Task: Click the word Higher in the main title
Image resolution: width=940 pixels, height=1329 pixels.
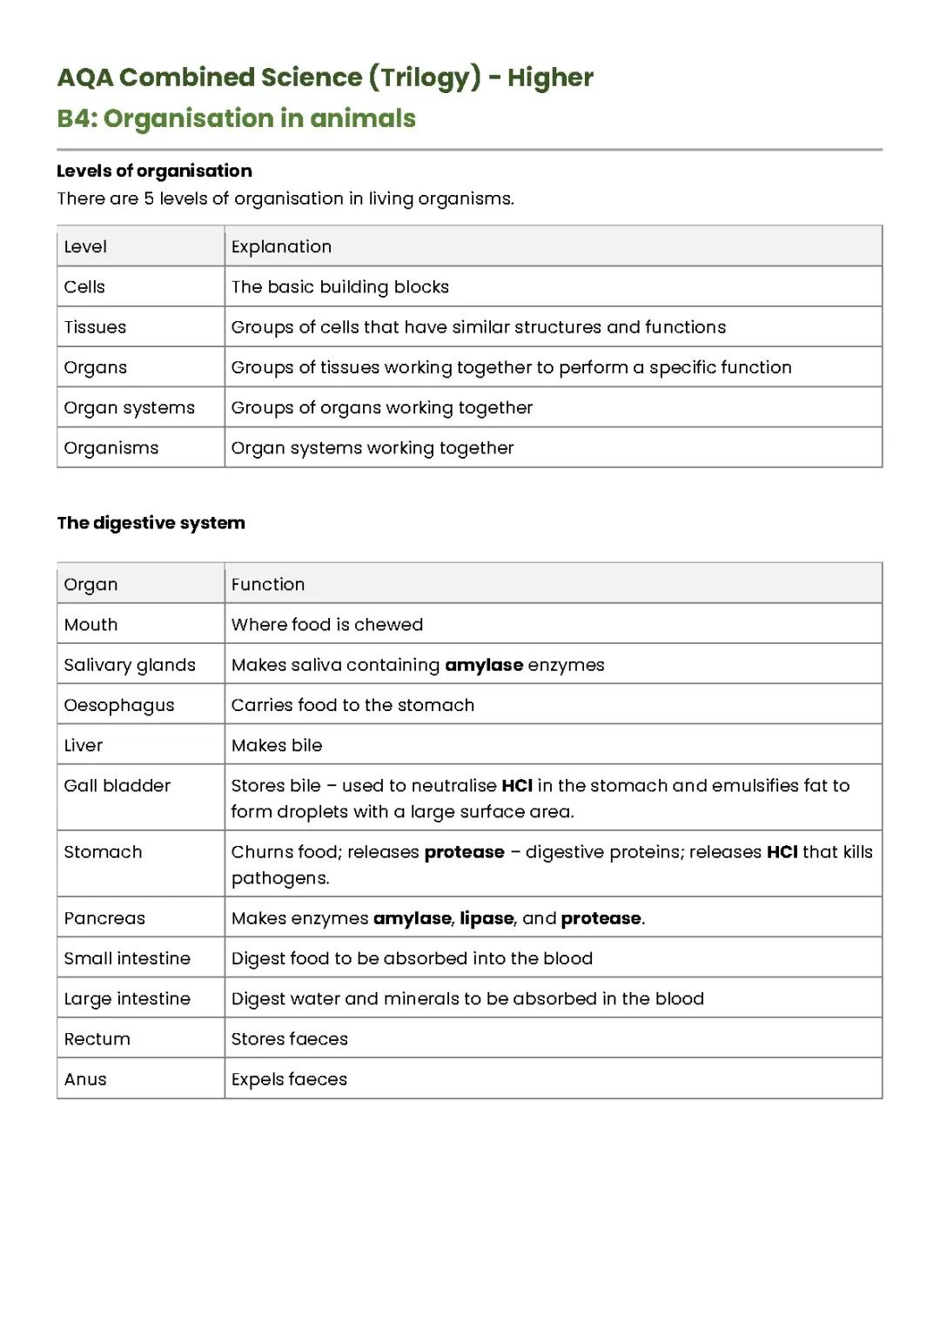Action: [x=550, y=77]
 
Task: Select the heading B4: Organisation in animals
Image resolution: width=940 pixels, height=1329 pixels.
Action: [x=236, y=118]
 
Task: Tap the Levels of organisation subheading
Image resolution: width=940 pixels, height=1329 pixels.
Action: [x=154, y=171]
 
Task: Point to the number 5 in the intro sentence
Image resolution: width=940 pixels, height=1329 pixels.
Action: [x=149, y=198]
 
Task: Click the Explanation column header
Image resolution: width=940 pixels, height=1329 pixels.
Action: [x=281, y=246]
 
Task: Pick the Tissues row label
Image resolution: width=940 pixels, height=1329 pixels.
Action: [x=95, y=327]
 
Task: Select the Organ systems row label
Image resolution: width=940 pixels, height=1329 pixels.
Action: [x=129, y=407]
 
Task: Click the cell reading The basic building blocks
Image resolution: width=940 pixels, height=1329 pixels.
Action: [x=339, y=287]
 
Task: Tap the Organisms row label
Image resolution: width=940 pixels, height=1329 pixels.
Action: [x=111, y=448]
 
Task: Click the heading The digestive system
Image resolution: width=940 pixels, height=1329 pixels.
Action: [x=151, y=523]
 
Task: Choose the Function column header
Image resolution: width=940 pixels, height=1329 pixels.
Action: [x=267, y=584]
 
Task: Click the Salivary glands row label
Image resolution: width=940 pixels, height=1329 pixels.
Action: [x=129, y=665]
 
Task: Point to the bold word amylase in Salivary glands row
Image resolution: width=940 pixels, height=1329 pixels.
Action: [x=483, y=665]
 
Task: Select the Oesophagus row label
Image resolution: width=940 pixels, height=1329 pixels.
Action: [x=118, y=705]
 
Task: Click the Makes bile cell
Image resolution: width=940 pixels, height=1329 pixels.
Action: [x=276, y=745]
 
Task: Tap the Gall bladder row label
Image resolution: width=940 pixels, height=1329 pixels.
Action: [x=117, y=786]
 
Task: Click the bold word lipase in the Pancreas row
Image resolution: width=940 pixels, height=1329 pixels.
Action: [x=487, y=918]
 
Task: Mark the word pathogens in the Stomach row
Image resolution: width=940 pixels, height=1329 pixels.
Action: [x=279, y=878]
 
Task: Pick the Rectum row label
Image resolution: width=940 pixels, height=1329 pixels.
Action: [x=97, y=1039]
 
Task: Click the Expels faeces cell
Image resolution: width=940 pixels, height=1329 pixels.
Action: [x=288, y=1079]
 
